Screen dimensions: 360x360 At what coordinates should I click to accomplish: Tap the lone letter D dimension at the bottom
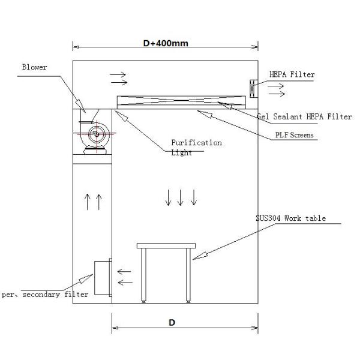point(172,323)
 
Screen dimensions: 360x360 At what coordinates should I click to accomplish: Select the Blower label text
point(34,67)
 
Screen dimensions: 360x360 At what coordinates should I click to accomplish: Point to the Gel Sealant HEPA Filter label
point(304,116)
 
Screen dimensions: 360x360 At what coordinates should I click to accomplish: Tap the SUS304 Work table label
point(290,218)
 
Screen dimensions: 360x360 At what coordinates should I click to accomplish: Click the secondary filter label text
point(45,294)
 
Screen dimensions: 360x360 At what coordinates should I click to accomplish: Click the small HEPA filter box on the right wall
point(253,88)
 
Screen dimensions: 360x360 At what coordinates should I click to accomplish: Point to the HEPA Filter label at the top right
point(290,75)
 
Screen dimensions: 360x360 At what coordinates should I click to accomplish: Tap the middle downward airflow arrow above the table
point(180,197)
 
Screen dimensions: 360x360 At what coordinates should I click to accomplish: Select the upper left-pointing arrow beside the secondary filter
point(124,271)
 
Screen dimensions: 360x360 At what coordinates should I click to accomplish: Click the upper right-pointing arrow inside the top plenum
point(118,75)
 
